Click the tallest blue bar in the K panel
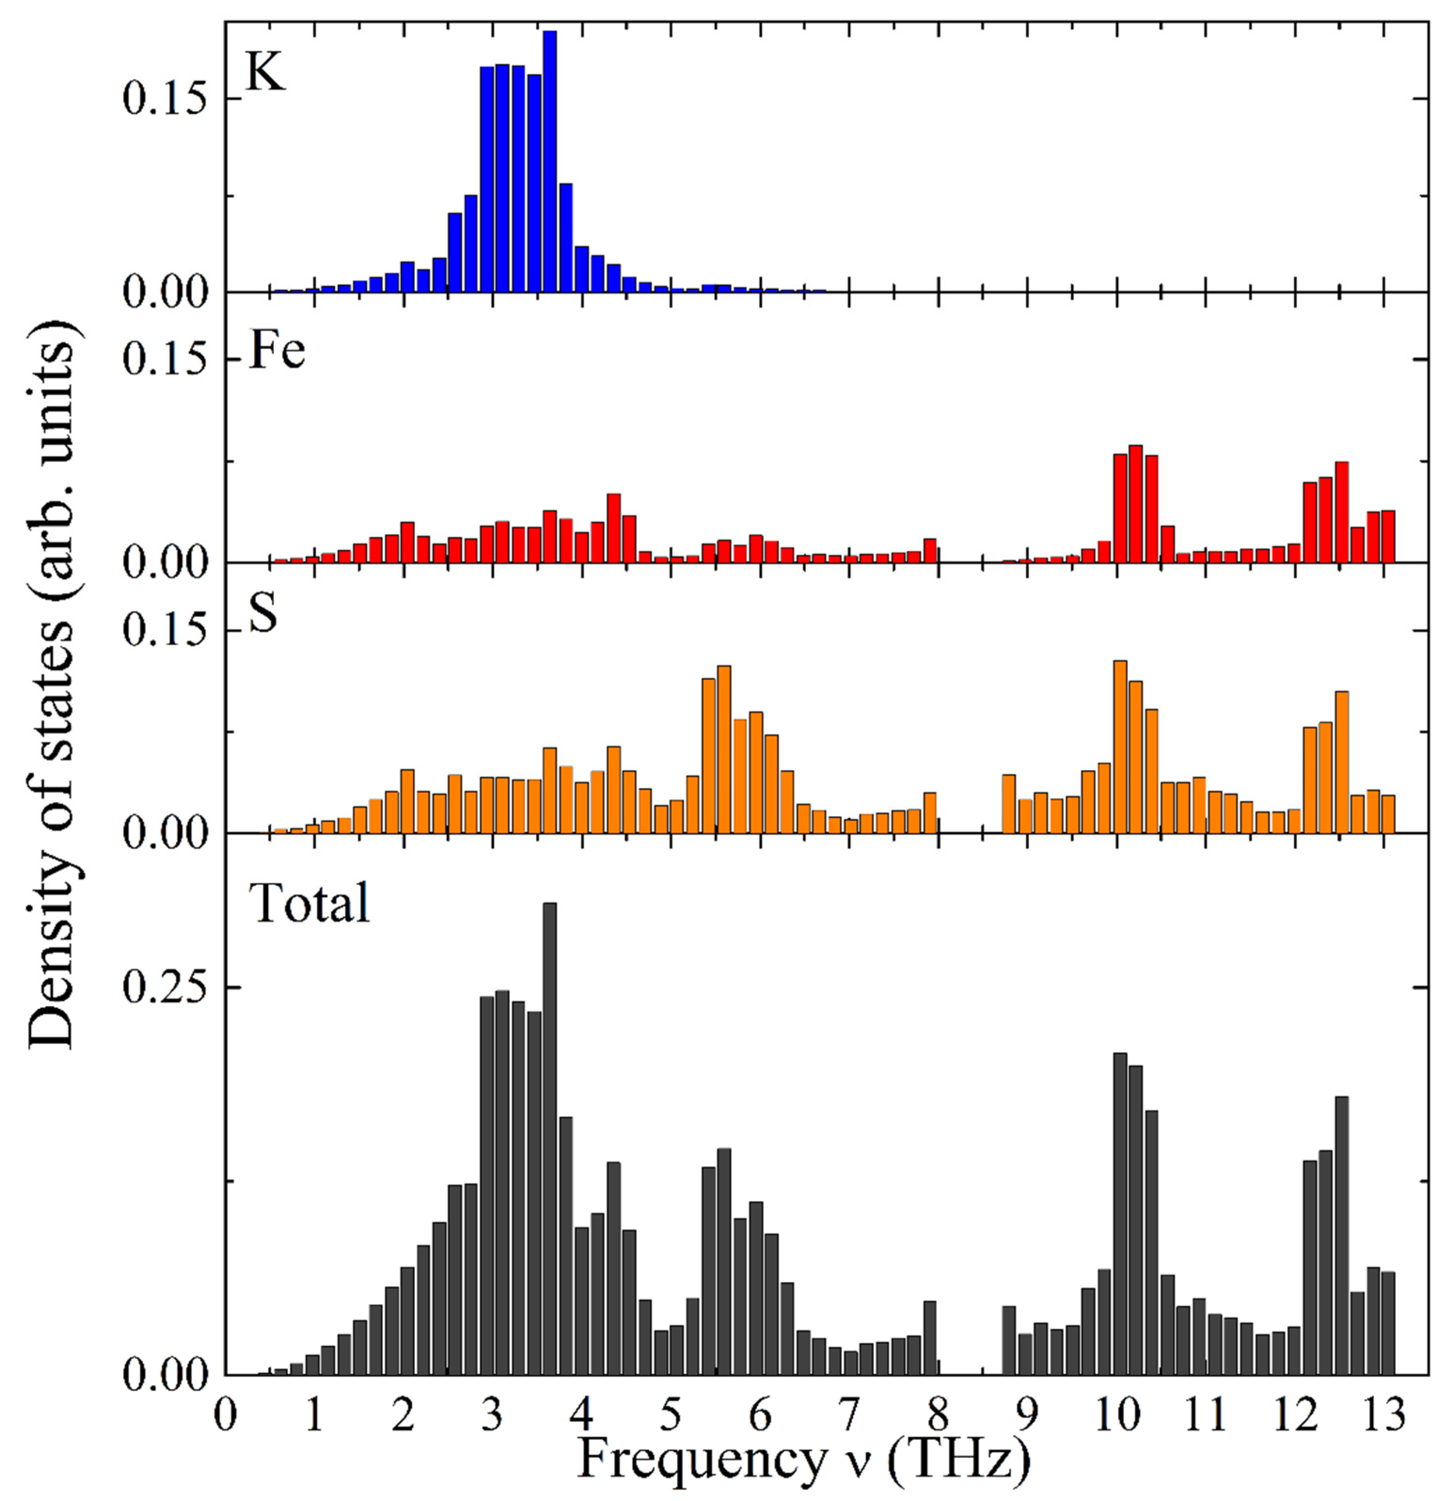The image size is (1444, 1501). click(550, 161)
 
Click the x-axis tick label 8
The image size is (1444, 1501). click(939, 1414)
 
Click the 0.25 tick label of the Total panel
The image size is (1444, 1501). click(166, 988)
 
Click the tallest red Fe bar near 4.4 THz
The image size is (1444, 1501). click(613, 528)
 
